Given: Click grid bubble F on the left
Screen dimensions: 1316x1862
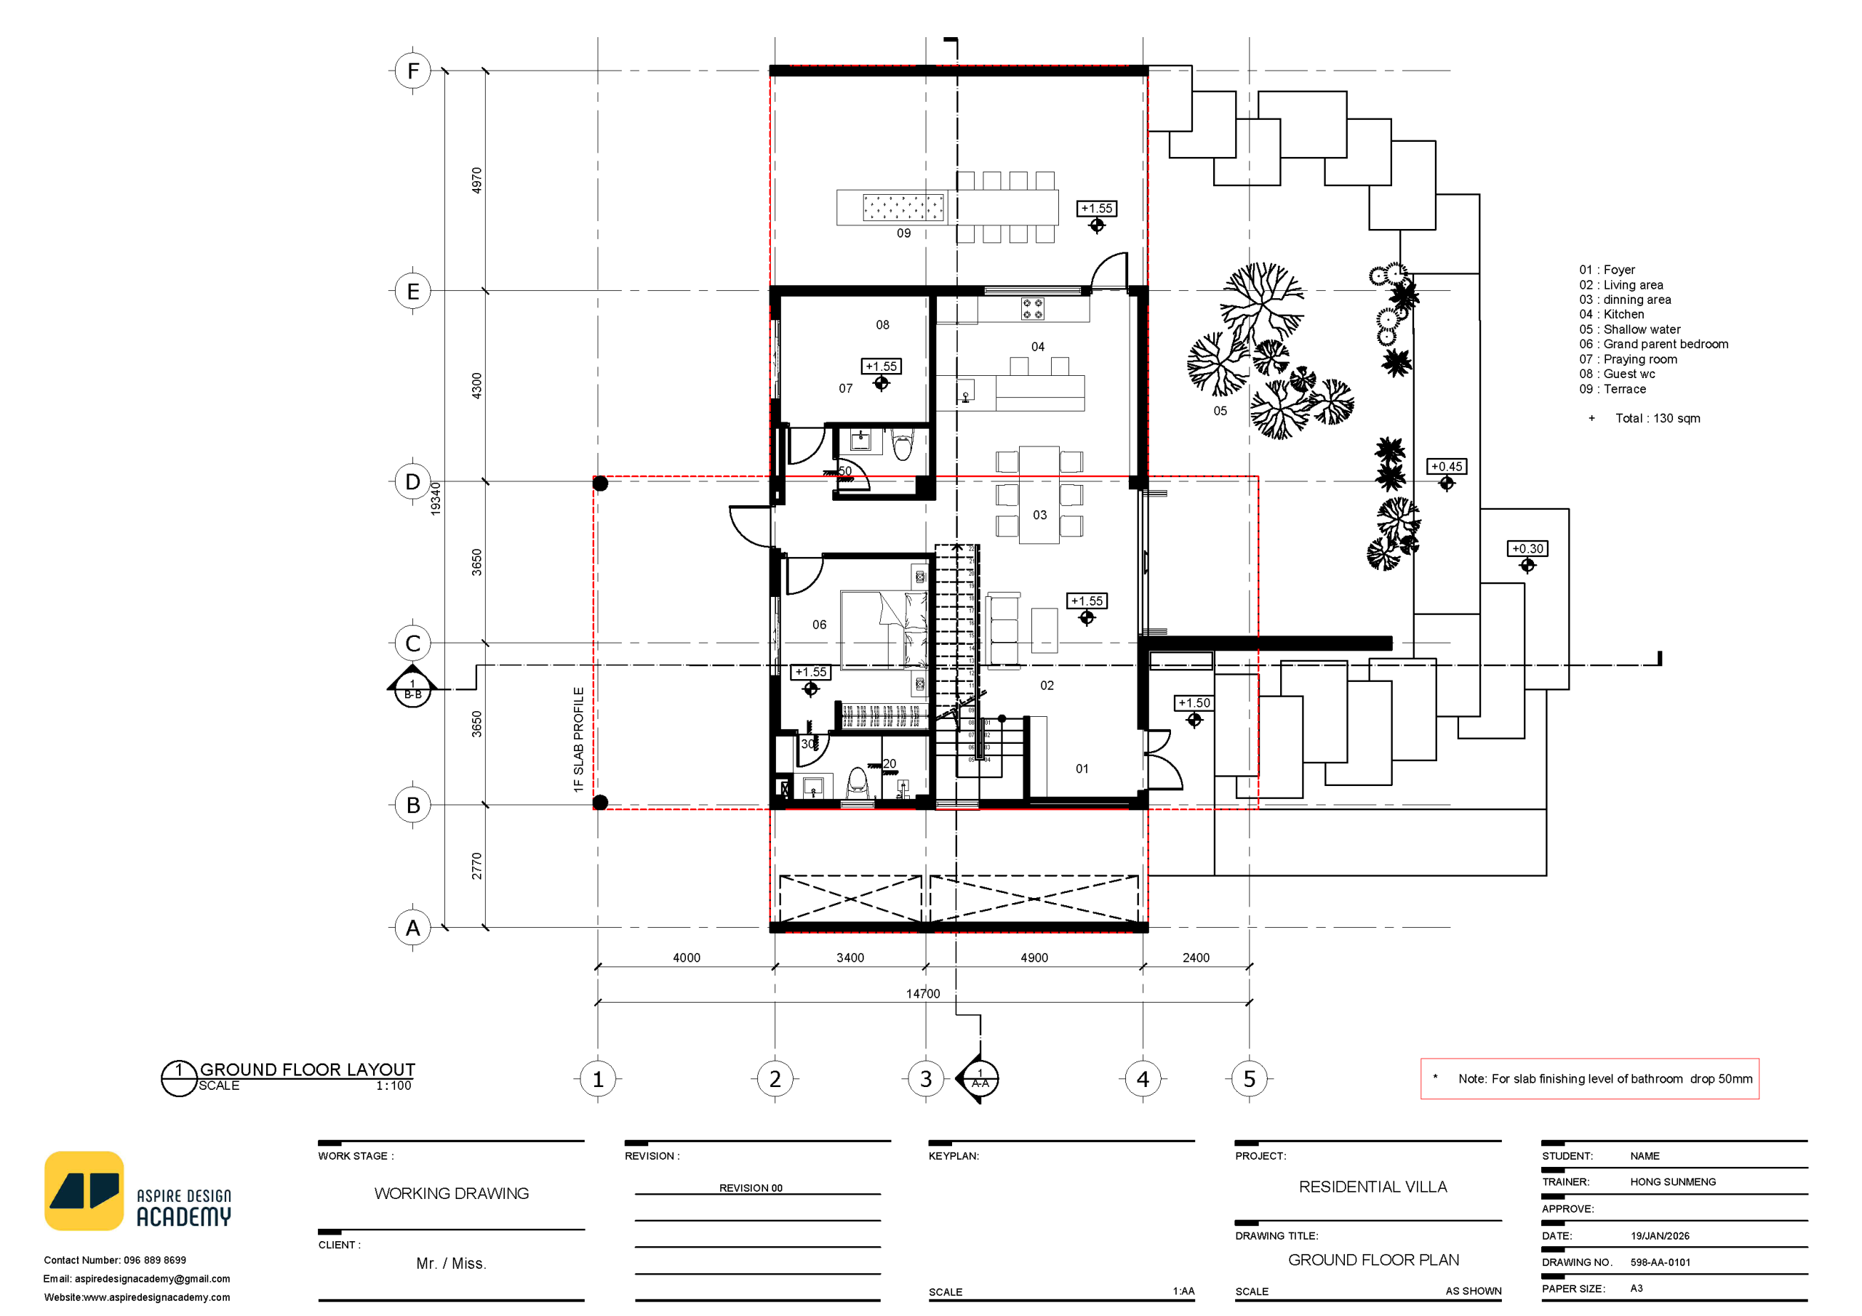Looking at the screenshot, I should coord(413,71).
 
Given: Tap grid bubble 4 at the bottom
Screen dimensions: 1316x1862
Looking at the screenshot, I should coord(1143,1079).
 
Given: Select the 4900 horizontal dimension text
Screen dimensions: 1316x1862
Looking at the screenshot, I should coord(1034,958).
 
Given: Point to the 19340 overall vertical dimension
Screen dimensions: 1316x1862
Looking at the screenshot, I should coord(436,499).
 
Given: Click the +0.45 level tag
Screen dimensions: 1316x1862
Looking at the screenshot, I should coord(1447,467).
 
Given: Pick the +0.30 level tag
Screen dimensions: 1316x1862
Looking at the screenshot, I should coord(1527,549).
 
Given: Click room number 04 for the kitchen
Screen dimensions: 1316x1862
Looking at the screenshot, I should coord(1038,347).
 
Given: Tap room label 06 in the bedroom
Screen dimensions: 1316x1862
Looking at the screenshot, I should coord(819,625).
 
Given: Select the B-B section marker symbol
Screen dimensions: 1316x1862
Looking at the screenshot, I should coord(413,689).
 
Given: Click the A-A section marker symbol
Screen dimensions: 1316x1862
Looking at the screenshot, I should coord(980,1079).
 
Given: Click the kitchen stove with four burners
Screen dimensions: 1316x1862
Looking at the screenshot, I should coord(1032,309).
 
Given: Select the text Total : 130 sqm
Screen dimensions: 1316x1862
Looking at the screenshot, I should coord(1657,418).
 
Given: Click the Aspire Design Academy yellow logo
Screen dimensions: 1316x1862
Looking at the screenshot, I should coord(84,1190).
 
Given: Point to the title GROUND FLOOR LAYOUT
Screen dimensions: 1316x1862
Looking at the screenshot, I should coord(308,1070).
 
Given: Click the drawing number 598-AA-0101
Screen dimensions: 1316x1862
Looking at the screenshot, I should coord(1660,1262).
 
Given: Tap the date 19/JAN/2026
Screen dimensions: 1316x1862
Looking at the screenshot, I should coord(1659,1236).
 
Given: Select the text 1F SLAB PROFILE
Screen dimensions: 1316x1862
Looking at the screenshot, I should coord(578,739).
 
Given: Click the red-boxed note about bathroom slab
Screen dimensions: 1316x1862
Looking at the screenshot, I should coord(1589,1079).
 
